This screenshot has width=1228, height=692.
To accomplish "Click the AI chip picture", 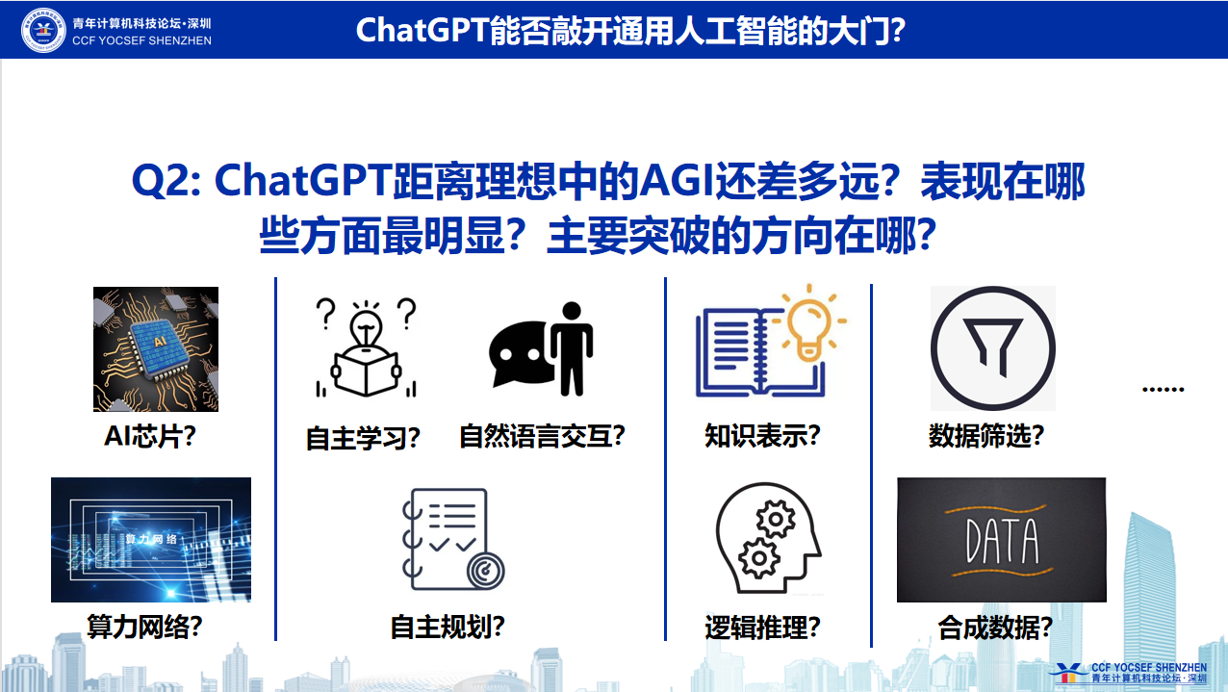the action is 156,348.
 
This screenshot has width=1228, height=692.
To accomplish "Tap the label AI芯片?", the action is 150,437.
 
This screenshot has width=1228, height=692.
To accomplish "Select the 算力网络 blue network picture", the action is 151,540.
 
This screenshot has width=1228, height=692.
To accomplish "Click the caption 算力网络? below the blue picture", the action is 144,627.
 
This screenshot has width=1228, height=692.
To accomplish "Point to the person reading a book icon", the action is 366,347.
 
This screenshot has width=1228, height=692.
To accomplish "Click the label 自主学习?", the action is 363,438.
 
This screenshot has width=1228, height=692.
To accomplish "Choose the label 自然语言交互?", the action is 542,437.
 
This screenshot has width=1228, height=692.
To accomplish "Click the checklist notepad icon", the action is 453,539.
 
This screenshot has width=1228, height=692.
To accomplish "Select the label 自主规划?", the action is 448,627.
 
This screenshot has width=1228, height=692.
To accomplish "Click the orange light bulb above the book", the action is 810,324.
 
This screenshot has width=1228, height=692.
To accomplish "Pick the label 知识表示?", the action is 762,437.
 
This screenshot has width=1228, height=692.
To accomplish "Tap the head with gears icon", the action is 768,538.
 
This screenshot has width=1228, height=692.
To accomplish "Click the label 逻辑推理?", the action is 762,628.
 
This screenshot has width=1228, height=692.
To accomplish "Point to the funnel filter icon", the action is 993,348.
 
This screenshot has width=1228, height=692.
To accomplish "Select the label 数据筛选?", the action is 986,437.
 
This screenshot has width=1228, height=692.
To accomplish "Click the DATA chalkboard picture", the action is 1002,540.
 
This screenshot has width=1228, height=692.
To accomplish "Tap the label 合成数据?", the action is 995,628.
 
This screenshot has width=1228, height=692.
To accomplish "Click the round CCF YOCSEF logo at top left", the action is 43,30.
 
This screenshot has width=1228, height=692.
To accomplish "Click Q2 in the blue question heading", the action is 166,180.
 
